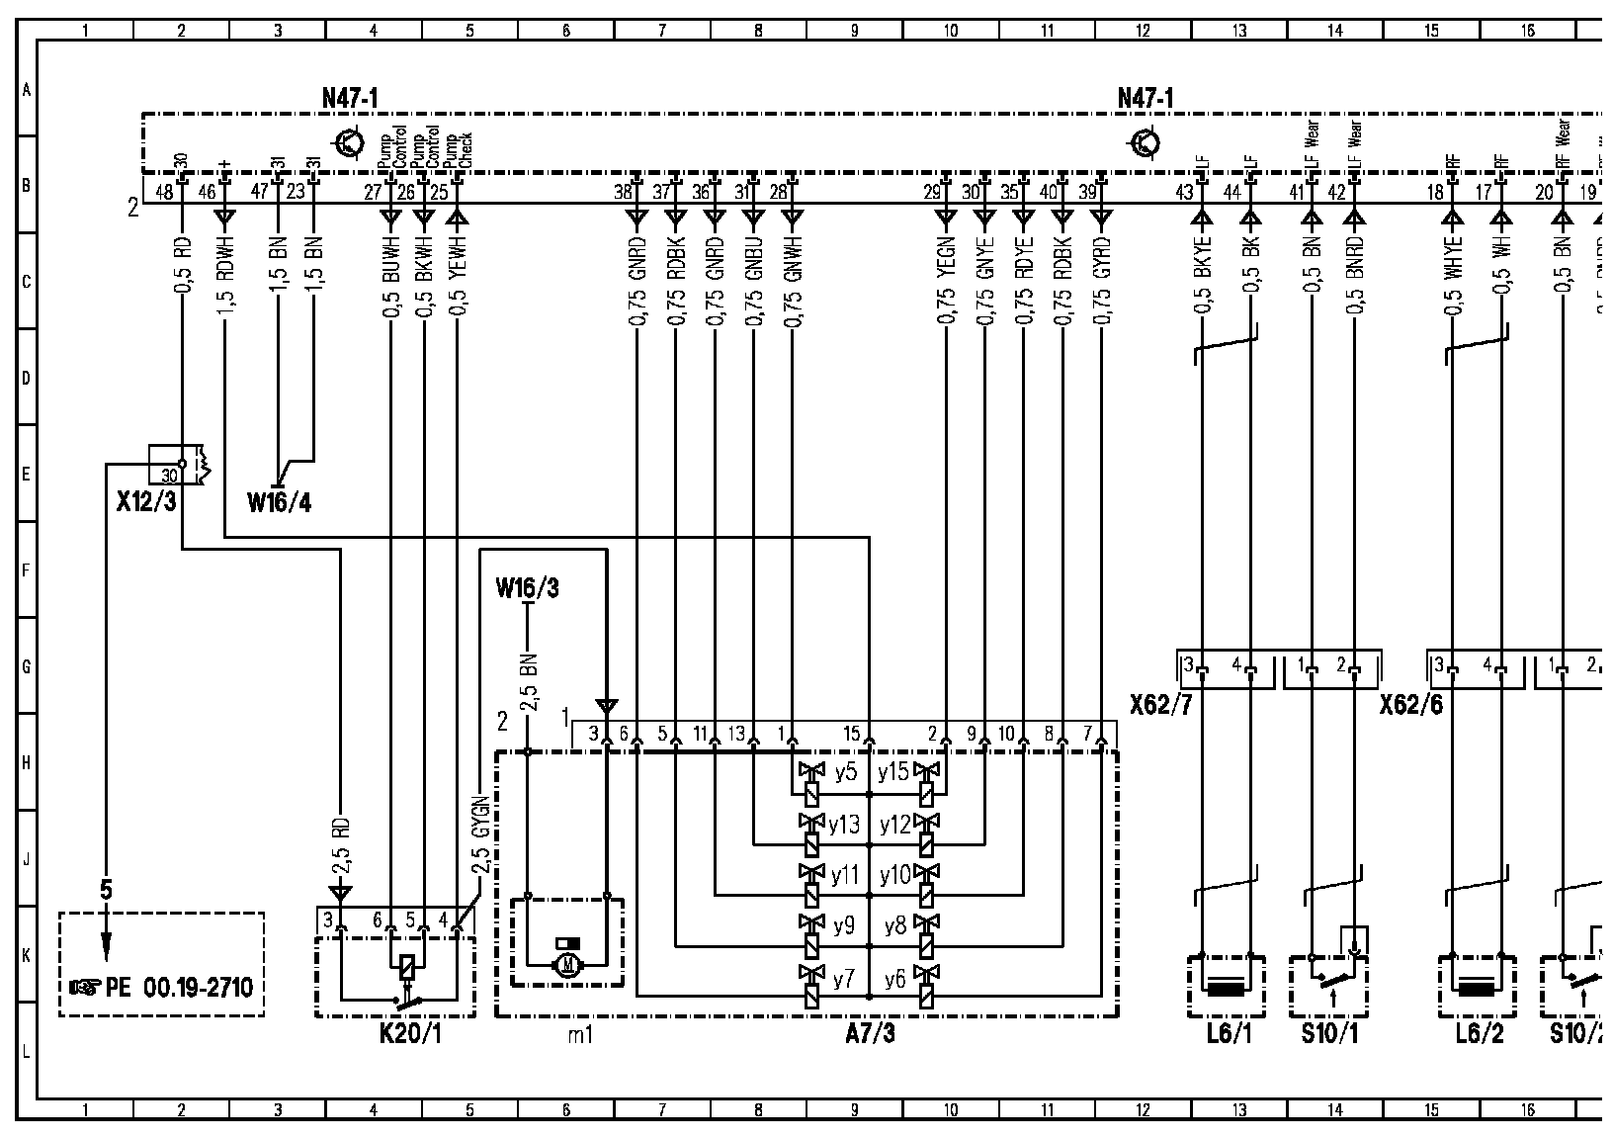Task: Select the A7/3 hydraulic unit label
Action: click(871, 1035)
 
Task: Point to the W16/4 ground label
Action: click(279, 503)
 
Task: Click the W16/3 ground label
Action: click(527, 589)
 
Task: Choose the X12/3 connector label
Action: click(145, 502)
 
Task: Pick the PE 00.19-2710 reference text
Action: click(163, 987)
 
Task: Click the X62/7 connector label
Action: click(1161, 704)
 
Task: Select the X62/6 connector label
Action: click(1410, 704)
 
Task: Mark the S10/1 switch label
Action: click(1328, 1035)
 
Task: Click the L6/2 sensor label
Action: click(1478, 1035)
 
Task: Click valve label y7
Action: click(843, 980)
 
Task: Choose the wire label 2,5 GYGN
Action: click(480, 833)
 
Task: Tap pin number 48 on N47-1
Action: click(163, 193)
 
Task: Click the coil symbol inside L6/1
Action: click(1226, 988)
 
